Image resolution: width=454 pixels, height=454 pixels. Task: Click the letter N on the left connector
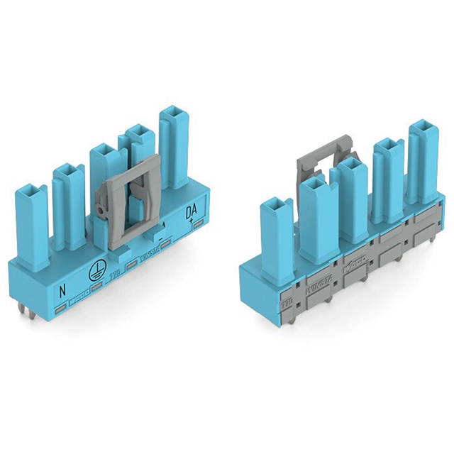(x=63, y=289)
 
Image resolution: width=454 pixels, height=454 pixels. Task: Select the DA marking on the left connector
(x=191, y=212)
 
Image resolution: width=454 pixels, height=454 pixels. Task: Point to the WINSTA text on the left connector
(x=147, y=258)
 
